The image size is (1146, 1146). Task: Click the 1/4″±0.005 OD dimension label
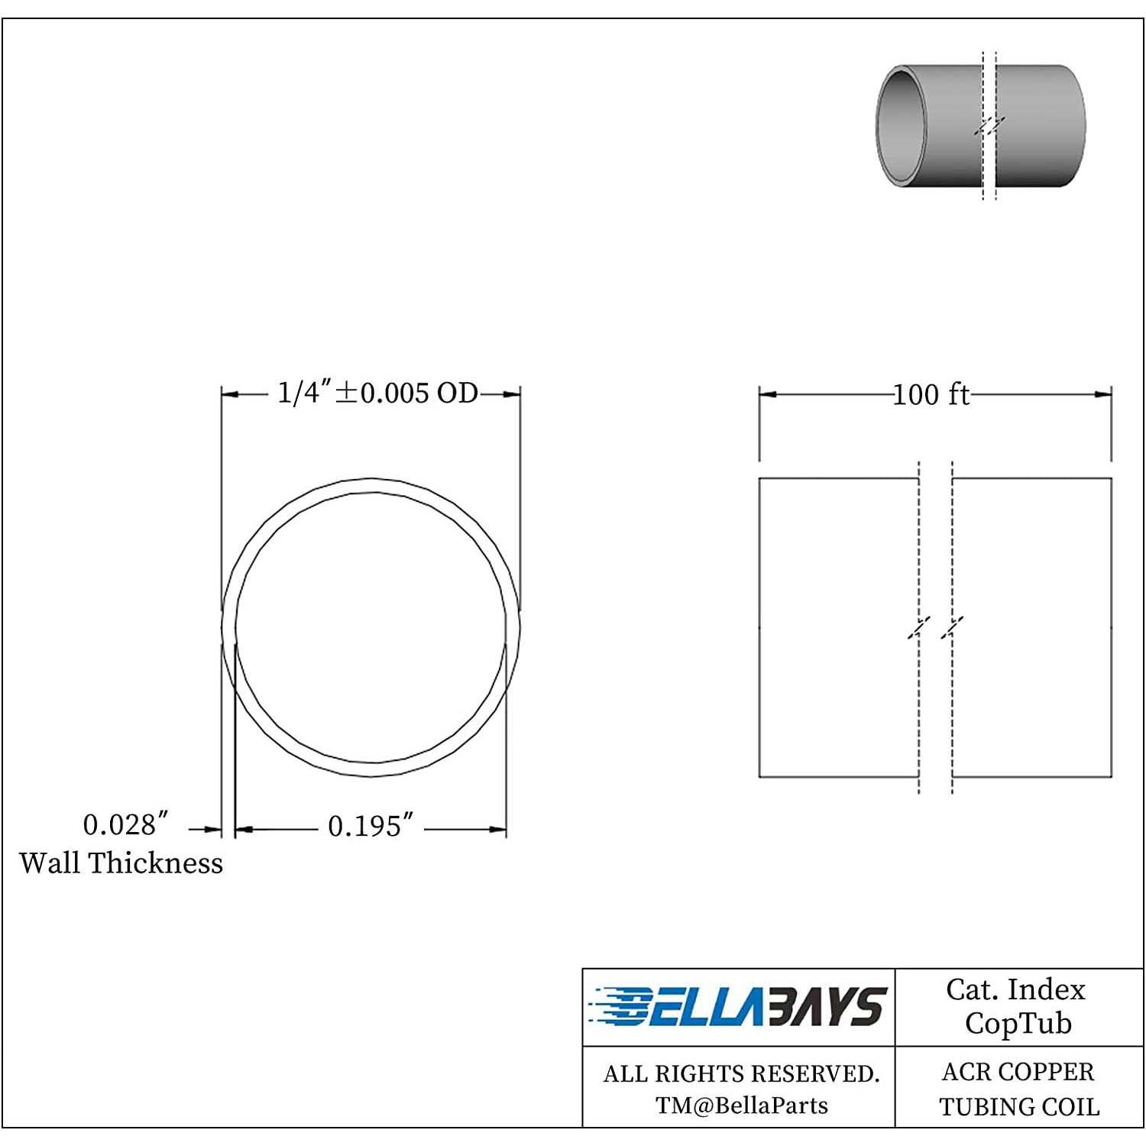pos(377,393)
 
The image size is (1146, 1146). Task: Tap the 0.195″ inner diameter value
pos(371,827)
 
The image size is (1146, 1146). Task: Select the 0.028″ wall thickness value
pos(125,825)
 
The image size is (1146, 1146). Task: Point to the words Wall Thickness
pos(121,863)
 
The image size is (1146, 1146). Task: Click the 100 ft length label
pos(931,395)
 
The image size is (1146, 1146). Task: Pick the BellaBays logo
pos(738,1007)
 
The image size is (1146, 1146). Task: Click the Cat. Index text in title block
pos(1015,990)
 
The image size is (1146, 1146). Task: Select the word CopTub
pos(1018,1024)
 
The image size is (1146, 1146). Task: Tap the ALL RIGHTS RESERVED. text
pos(741,1074)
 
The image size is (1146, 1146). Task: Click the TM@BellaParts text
pos(741,1106)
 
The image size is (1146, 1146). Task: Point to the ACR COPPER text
pos(1018,1073)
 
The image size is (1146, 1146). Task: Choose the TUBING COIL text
pos(1019,1107)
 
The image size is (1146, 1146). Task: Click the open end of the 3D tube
pos(899,126)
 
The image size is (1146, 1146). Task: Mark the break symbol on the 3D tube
pos(989,126)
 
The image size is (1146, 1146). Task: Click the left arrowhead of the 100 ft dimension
pos(767,395)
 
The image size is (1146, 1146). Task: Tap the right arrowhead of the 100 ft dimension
pos(1103,395)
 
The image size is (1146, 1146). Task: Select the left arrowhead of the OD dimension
pos(230,394)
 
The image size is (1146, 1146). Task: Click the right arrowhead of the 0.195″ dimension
pos(498,829)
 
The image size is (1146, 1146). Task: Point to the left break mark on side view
pos(919,628)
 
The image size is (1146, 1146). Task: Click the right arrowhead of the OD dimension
pos(513,394)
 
